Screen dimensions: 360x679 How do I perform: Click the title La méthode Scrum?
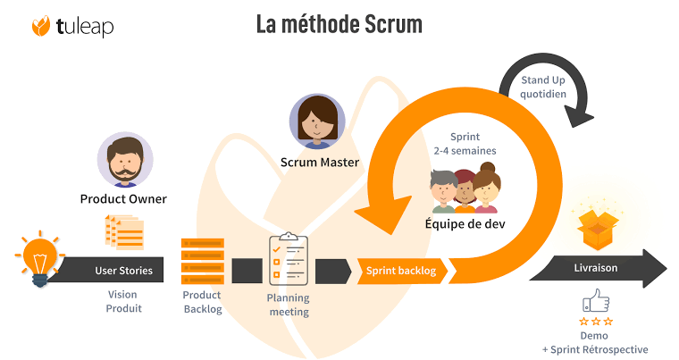(339, 24)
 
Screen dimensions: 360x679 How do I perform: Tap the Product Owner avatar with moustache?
(124, 160)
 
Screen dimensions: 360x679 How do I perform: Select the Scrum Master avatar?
(318, 122)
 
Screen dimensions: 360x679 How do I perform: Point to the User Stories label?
(123, 270)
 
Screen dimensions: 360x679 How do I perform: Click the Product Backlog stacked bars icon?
(202, 261)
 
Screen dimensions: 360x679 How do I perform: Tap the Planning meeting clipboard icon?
(288, 258)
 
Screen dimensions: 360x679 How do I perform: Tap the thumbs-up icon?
(595, 300)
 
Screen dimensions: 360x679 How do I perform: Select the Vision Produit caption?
(122, 302)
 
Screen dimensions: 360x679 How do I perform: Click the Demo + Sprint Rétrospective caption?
(595, 342)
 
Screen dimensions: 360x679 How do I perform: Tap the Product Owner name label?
(123, 198)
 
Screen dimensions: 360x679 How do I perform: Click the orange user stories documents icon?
(124, 231)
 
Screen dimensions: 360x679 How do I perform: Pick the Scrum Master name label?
(319, 163)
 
